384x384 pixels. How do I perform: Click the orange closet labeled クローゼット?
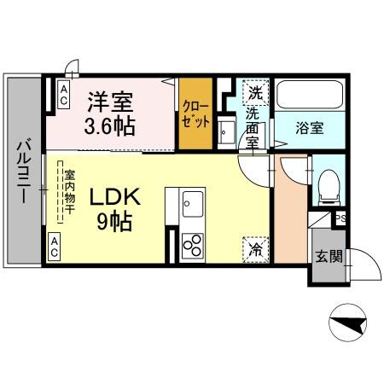[x=195, y=114]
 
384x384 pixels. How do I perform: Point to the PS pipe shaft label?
[x=340, y=219]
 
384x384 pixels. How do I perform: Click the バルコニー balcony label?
[x=23, y=170]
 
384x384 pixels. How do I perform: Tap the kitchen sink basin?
[x=192, y=205]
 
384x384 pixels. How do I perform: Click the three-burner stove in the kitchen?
[x=192, y=244]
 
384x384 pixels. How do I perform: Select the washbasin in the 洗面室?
[x=225, y=131]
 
